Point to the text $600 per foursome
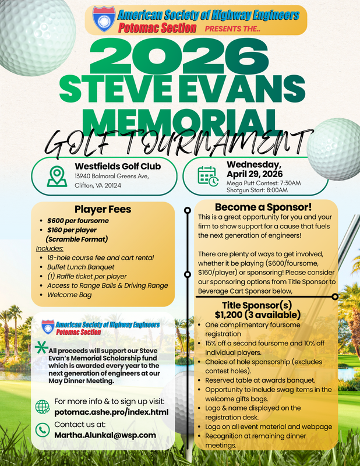78,221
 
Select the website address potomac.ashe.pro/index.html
111,412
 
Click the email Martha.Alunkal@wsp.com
105,435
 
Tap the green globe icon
43,407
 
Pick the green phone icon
43,430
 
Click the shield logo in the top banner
105,20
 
